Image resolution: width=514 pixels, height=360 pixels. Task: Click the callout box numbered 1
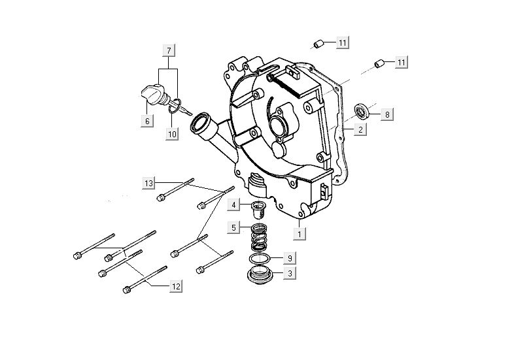click(x=299, y=232)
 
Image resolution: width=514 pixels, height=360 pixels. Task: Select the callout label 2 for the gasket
click(x=360, y=130)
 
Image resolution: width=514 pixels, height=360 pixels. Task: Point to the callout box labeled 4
click(x=233, y=205)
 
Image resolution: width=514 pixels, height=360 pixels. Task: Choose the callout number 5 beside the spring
click(x=233, y=228)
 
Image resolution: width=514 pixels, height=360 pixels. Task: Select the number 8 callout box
click(x=386, y=114)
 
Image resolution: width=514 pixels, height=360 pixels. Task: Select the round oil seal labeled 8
click(x=362, y=109)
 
